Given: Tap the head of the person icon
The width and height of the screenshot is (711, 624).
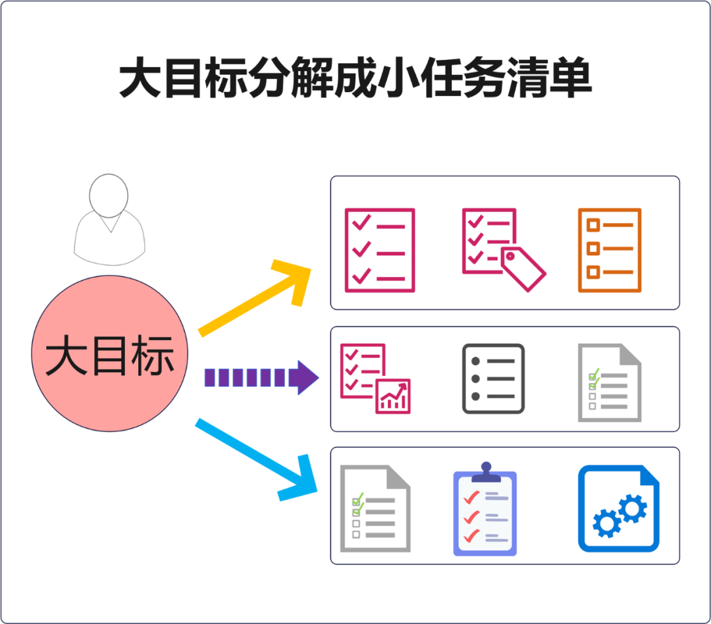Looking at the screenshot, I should [108, 194].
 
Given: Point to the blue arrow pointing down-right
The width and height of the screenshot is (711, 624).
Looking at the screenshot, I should [257, 457].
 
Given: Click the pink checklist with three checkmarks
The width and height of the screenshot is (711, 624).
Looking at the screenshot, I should [380, 250].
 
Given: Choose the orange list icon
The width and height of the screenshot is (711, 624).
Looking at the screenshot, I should [609, 250].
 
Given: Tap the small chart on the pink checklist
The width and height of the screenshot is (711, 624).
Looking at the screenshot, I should [393, 396].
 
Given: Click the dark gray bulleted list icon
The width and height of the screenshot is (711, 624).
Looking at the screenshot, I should [493, 378].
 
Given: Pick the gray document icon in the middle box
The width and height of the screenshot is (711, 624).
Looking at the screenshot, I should [609, 382].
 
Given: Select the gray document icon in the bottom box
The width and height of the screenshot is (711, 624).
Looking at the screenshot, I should [375, 508].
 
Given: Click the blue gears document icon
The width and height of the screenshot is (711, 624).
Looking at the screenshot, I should [618, 508].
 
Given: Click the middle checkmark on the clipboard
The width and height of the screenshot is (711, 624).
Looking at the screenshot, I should [471, 517].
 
